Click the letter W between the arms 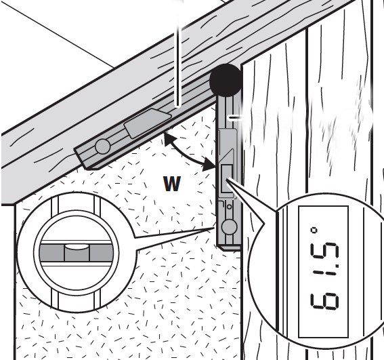click(x=172, y=184)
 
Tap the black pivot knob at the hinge click(x=226, y=80)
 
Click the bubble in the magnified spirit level click(x=76, y=247)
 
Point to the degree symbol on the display click(x=314, y=231)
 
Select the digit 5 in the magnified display click(x=324, y=254)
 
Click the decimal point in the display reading click(x=337, y=266)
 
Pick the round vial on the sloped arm click(x=103, y=146)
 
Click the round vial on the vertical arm click(x=229, y=226)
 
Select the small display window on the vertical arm click(x=226, y=178)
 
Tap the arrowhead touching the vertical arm click(x=209, y=164)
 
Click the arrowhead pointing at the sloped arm click(x=169, y=139)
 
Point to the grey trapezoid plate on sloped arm click(x=148, y=123)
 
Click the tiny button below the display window click(x=229, y=207)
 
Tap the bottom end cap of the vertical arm click(x=228, y=247)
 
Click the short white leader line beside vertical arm click(x=236, y=118)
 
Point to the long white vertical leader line click(x=179, y=54)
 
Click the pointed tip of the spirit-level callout click(x=214, y=228)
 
